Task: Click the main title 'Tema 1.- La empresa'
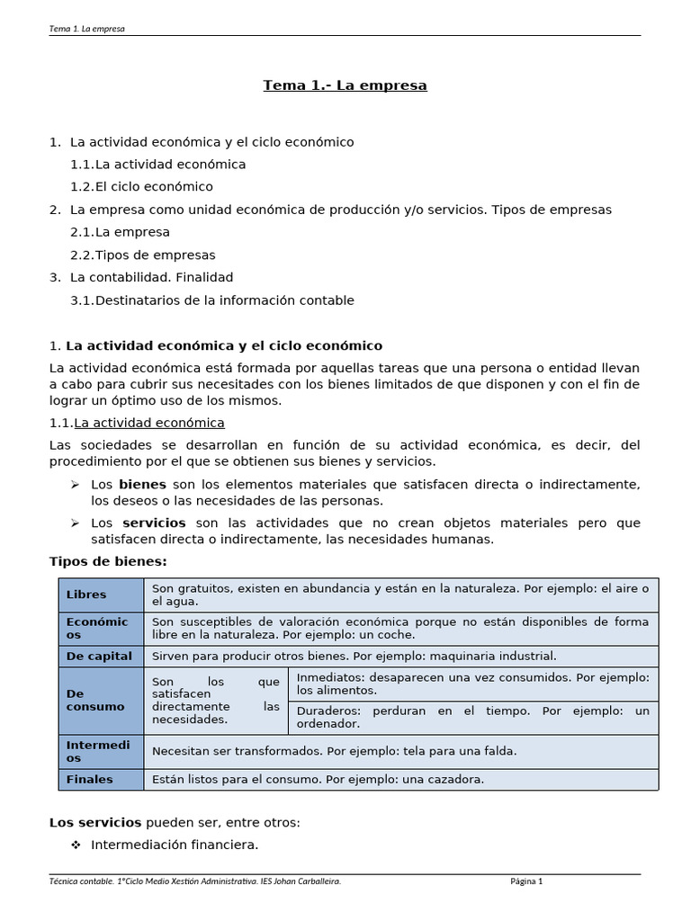345,85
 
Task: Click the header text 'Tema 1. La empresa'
86,28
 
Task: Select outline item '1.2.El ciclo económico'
141,186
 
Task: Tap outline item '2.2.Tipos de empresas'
142,255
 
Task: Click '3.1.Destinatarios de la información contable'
211,300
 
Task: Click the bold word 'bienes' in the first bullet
142,484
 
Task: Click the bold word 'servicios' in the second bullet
154,523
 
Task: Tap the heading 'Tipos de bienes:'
108,561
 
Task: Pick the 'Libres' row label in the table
86,595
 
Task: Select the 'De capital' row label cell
99,656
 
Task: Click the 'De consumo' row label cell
95,700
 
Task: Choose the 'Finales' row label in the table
90,779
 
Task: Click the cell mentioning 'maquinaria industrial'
400,656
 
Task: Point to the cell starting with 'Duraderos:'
472,717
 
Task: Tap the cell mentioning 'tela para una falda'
400,750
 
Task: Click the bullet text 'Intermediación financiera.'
175,845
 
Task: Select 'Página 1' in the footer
526,881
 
